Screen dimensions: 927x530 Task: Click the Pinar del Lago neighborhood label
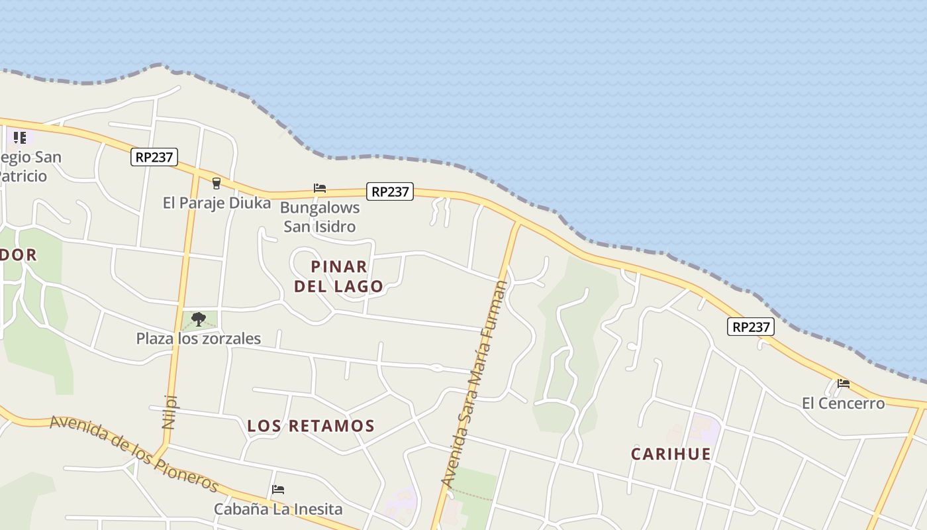(x=338, y=276)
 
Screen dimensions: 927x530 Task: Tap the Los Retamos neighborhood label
(x=311, y=426)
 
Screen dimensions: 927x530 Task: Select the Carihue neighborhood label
(x=671, y=454)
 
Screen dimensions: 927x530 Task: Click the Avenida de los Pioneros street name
(x=134, y=454)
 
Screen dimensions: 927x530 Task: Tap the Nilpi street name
(x=170, y=411)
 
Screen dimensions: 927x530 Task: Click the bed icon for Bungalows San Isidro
(x=320, y=188)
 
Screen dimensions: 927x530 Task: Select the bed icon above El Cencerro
(x=843, y=383)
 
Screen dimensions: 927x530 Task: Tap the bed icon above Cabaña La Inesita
(x=278, y=490)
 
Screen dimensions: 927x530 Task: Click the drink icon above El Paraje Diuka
(x=216, y=184)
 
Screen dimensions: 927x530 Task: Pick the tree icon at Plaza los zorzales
(x=198, y=320)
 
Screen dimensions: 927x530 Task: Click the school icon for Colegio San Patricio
(x=20, y=138)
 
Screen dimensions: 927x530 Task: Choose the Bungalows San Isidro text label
(x=320, y=217)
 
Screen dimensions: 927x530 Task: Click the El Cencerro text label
(x=843, y=403)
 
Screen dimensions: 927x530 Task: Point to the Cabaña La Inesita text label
(x=278, y=509)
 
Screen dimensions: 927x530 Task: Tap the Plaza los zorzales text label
(x=198, y=339)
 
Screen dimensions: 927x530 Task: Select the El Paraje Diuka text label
(x=217, y=203)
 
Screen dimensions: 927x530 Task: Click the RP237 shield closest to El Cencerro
(x=750, y=327)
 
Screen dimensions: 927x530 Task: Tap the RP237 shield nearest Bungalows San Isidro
(x=390, y=191)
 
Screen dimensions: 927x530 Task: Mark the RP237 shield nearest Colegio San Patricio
(x=154, y=157)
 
